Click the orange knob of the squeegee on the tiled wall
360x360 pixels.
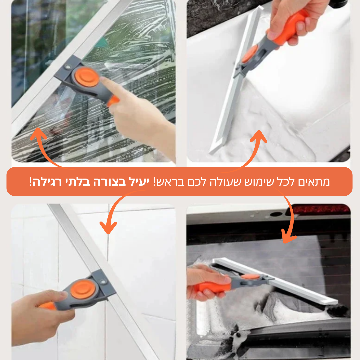point(83,289)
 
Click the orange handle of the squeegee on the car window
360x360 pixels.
point(213,286)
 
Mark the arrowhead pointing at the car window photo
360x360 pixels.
point(288,237)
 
